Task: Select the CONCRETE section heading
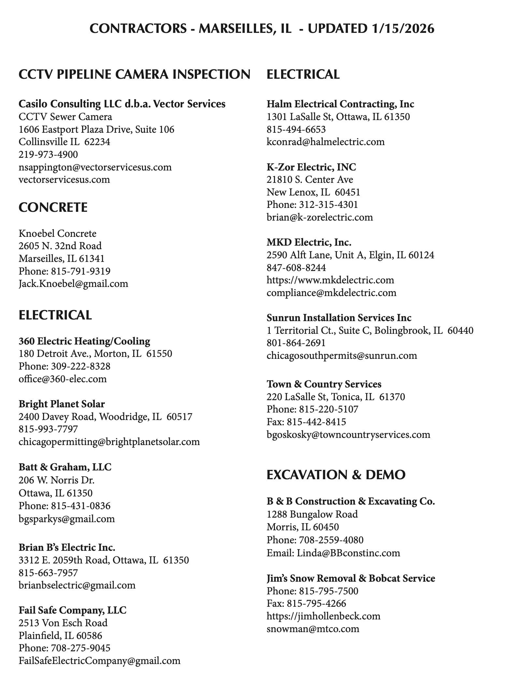click(53, 208)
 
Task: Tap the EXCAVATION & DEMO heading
click(336, 475)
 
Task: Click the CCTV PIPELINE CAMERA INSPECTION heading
click(134, 75)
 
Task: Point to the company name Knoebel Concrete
click(57, 233)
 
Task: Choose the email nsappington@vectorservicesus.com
click(95, 167)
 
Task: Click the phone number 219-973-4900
click(48, 155)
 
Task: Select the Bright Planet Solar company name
click(62, 404)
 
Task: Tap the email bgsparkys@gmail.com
click(67, 519)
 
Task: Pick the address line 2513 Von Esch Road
click(63, 623)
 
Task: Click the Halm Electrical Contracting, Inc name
click(340, 104)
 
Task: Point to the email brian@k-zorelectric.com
click(320, 217)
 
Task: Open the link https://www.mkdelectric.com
click(330, 280)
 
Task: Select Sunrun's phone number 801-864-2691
click(296, 343)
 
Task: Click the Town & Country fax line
click(306, 422)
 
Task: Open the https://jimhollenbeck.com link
click(323, 616)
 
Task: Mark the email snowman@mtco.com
click(313, 629)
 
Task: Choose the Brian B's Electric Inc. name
click(67, 548)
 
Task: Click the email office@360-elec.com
click(63, 379)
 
